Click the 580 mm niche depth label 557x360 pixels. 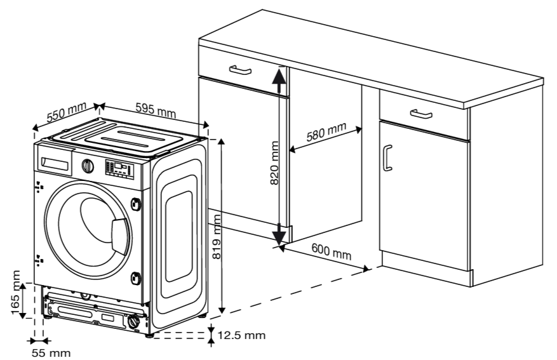326,133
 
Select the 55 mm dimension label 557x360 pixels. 51,352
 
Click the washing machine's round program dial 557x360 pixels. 88,166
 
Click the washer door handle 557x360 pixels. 119,234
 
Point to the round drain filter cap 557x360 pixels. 133,323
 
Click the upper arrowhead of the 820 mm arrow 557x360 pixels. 279,76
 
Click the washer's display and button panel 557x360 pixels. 119,169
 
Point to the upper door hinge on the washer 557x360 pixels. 135,203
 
